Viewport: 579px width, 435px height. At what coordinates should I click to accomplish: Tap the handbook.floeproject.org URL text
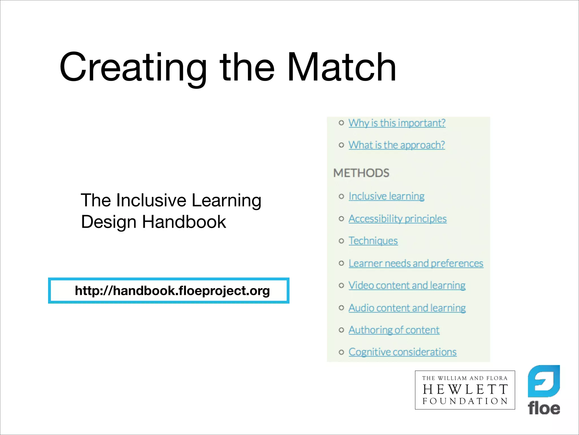coord(172,291)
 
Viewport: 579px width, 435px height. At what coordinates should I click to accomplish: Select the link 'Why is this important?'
coord(397,123)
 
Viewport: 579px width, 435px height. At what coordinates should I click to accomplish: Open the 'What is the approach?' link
coord(397,145)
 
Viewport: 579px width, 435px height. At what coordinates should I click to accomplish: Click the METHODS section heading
coord(361,173)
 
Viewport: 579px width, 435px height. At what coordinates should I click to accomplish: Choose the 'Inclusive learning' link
coord(386,196)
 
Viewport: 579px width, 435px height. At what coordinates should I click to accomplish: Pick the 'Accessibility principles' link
coord(397,219)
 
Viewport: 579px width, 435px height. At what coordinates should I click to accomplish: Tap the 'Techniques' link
coord(373,241)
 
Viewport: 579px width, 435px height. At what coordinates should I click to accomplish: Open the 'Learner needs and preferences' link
coord(416,263)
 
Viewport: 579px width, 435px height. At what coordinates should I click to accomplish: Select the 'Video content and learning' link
coord(407,285)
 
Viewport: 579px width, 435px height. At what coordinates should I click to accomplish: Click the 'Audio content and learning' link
coord(407,308)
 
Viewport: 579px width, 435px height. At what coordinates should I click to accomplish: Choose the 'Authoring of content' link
coord(394,330)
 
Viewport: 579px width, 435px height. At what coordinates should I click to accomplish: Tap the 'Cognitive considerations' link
coord(403,352)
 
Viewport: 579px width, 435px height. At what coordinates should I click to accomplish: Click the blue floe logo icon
coord(544,381)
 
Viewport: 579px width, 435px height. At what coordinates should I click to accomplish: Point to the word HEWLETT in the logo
coord(465,390)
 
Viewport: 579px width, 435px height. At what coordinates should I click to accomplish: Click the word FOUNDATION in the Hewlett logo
coord(465,401)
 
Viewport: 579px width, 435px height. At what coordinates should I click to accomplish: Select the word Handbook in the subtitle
coord(184,222)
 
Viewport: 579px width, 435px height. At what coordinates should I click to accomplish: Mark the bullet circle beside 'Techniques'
coord(342,241)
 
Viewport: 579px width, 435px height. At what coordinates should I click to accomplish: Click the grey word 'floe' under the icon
coord(544,408)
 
